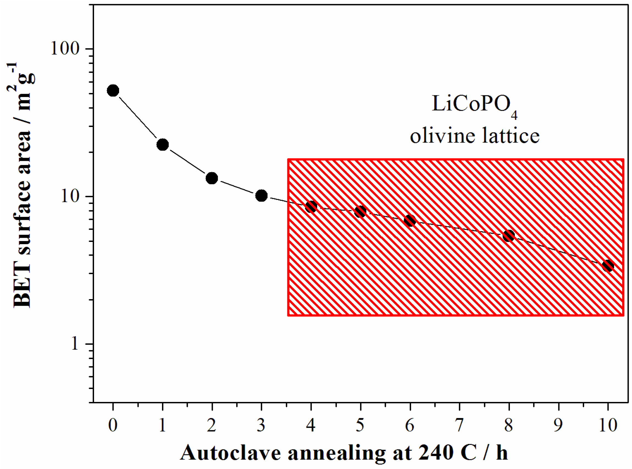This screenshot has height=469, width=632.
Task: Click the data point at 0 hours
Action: click(113, 90)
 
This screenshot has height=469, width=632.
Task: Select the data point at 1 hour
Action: click(163, 145)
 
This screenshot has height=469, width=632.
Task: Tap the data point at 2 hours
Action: click(212, 178)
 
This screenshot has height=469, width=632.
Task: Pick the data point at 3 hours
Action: click(261, 196)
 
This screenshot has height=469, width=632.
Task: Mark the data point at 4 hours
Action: click(311, 207)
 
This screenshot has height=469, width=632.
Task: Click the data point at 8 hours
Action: click(509, 236)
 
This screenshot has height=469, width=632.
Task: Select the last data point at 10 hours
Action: click(608, 266)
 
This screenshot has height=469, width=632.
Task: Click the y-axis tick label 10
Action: click(70, 197)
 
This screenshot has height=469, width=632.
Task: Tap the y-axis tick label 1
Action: click(75, 344)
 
